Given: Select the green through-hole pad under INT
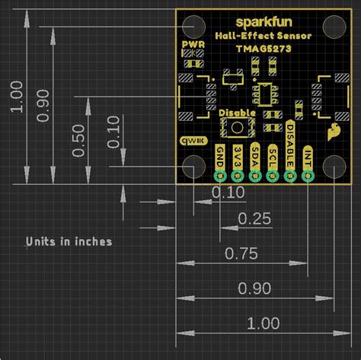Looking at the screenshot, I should [x=308, y=176].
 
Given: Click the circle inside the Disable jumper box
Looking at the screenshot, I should [x=237, y=125].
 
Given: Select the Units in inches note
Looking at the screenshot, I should [x=69, y=241].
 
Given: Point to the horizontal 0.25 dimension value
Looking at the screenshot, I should [x=254, y=219].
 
